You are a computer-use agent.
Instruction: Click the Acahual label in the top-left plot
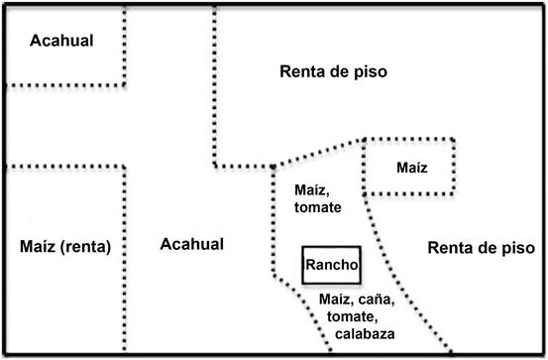[60, 42]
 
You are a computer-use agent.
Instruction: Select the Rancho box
[332, 265]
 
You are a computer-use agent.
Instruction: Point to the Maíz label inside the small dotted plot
[409, 167]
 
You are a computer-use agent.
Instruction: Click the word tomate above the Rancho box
[318, 208]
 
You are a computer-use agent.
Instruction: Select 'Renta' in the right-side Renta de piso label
[449, 248]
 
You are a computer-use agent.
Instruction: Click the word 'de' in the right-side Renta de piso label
[485, 248]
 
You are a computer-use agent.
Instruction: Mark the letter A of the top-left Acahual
[34, 42]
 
